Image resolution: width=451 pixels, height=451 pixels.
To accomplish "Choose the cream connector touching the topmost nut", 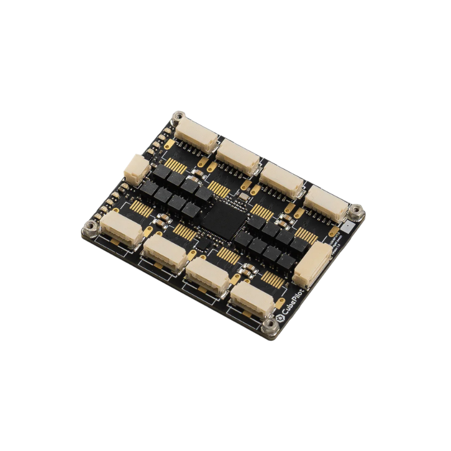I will [196, 135].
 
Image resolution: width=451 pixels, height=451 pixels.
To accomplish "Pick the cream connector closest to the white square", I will [325, 203].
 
